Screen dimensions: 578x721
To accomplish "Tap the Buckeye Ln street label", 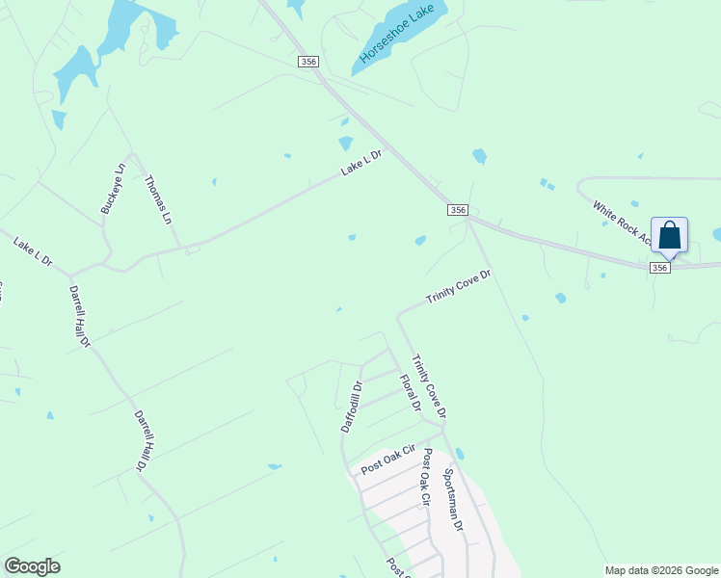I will coord(113,189).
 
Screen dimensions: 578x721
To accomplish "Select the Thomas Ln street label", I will coord(158,199).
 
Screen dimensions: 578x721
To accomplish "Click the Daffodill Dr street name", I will coord(352,406).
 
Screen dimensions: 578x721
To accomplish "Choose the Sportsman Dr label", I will coord(453,499).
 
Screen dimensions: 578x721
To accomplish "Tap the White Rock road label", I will coord(621,223).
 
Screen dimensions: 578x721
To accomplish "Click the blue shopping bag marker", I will coord(669,235).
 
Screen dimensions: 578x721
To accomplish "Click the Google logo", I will coord(32,566).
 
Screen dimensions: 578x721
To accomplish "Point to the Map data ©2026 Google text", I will coord(661,570).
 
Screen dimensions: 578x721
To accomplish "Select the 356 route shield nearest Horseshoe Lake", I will coord(307,61).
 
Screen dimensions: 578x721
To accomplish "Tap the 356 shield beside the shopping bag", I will coord(660,268).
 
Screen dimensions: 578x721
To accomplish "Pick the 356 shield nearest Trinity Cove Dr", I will coord(458,210).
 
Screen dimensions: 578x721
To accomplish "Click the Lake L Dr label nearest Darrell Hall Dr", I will coord(33,252).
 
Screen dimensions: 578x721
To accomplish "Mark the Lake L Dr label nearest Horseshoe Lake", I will coord(361,162).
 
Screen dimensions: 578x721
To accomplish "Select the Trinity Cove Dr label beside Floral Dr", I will coord(429,386).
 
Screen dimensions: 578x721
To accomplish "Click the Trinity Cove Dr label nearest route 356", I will coord(460,287).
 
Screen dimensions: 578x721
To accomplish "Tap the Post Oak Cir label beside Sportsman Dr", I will coord(423,493).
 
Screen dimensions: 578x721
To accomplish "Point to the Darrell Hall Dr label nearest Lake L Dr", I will coord(79,316).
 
